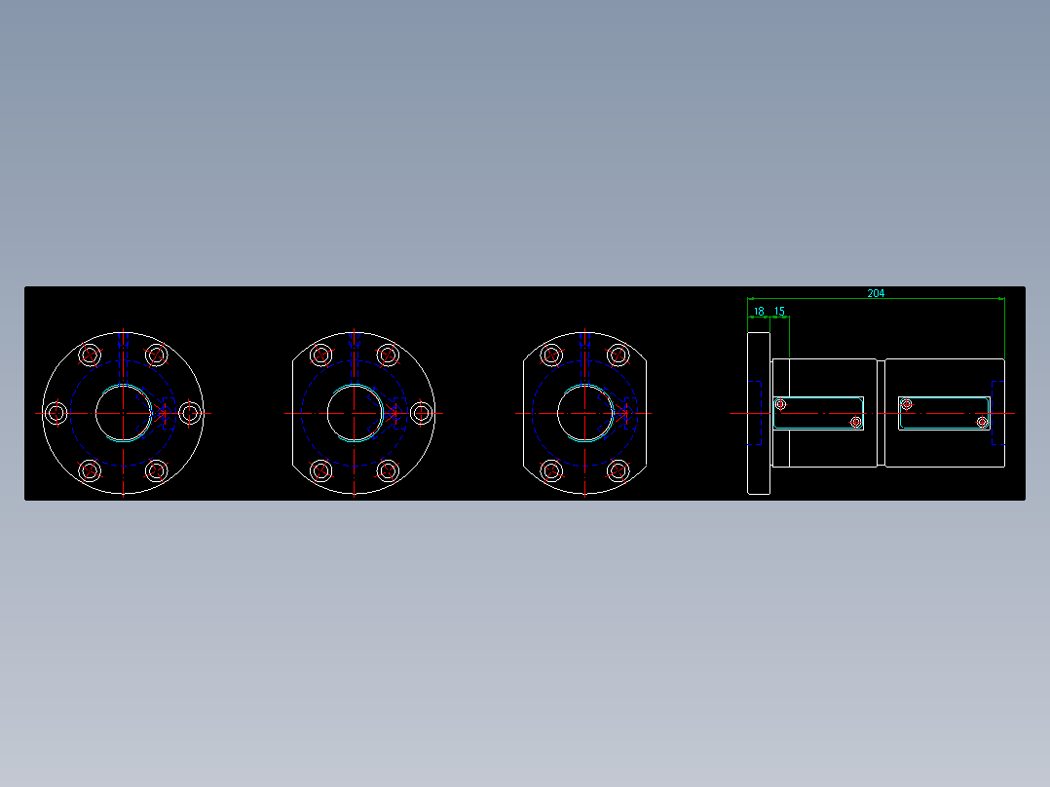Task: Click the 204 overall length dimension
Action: (x=876, y=293)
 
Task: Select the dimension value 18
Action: (x=758, y=312)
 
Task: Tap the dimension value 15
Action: (x=779, y=312)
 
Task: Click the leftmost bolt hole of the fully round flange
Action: (x=56, y=413)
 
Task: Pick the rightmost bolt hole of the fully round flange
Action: (x=190, y=413)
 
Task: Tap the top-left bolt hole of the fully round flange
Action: (x=91, y=355)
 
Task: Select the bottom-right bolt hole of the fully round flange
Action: (x=156, y=471)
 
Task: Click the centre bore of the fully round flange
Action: (x=123, y=413)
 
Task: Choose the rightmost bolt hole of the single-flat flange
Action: (x=421, y=413)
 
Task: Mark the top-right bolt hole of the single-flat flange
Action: (x=387, y=355)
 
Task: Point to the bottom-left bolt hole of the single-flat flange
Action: (x=321, y=471)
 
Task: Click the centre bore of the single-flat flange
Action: (x=354, y=413)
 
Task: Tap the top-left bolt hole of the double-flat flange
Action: (x=552, y=355)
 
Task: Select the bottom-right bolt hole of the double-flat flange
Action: (x=618, y=471)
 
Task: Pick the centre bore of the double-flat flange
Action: (x=584, y=413)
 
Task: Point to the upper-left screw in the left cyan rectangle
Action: (x=780, y=403)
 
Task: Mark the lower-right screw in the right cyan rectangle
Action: (x=983, y=422)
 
